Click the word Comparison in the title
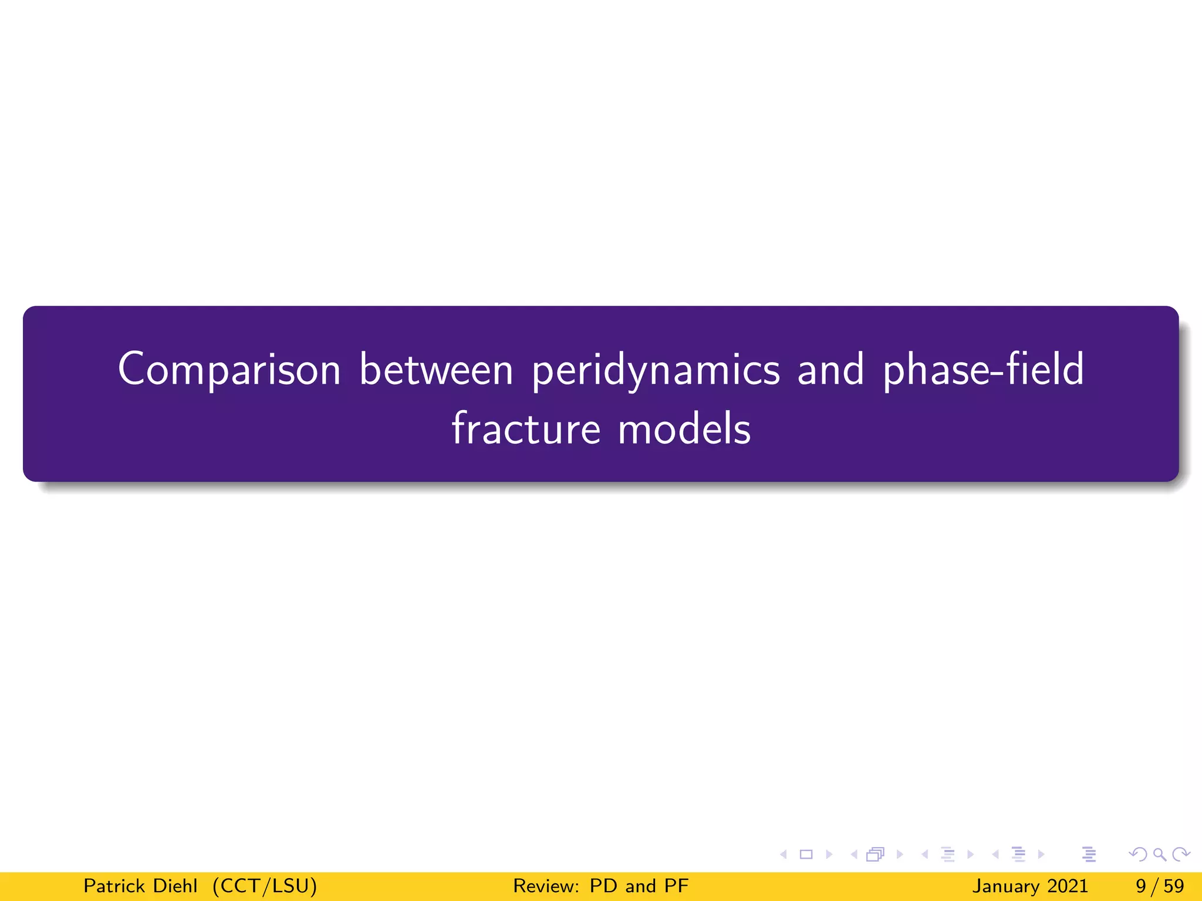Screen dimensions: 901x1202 229,370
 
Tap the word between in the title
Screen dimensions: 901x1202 436,370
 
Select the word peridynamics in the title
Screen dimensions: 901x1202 656,371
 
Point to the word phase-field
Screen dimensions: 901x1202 984,370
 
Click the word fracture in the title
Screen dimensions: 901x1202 526,428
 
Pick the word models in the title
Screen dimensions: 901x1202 684,428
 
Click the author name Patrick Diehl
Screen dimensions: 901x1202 140,886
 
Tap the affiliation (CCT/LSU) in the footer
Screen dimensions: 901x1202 265,886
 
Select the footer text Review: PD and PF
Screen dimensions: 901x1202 600,886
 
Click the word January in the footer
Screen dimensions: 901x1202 1005,886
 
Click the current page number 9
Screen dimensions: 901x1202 1141,886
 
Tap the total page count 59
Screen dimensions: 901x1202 1173,886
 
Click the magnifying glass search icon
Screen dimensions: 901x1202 1159,854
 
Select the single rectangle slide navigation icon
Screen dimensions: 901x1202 806,854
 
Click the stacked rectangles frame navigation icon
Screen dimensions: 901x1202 875,854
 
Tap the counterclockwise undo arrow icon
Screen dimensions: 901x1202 1138,854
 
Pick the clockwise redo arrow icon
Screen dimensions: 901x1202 1181,854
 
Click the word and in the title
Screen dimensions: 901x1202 830,370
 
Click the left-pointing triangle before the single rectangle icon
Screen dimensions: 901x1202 784,854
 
